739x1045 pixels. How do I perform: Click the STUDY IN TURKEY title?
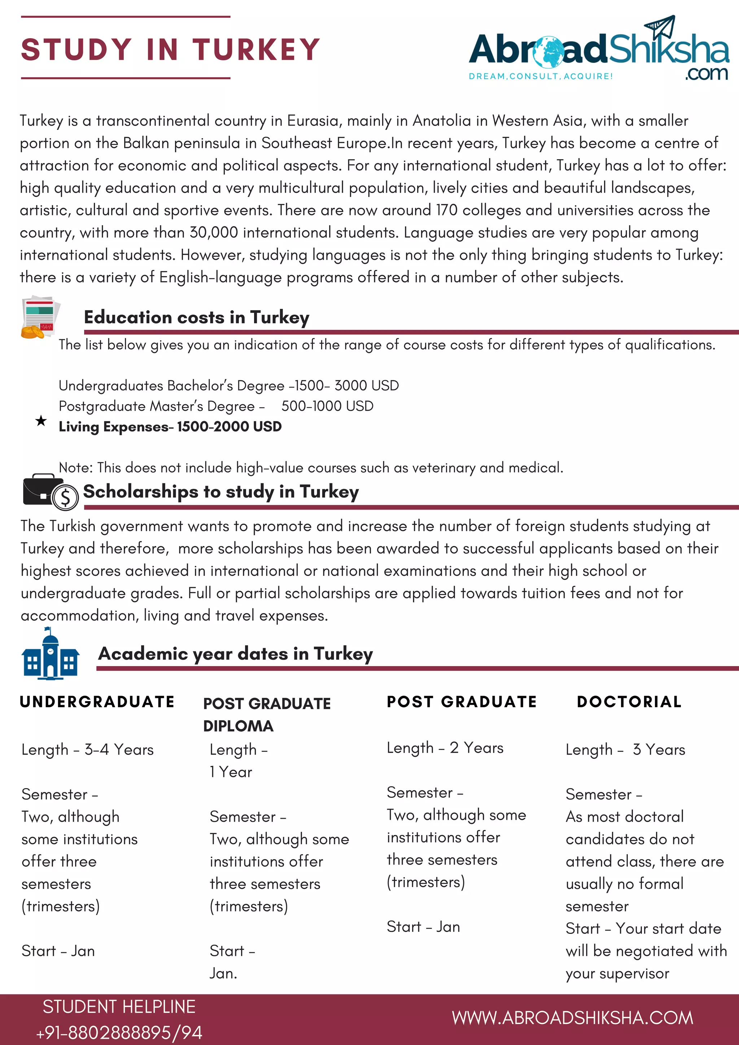171,49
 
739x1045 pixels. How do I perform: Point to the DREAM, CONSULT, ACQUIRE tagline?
541,76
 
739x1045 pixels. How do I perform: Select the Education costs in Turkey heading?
197,317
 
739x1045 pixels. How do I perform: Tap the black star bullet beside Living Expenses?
41,421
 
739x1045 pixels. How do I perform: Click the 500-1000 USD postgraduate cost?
327,406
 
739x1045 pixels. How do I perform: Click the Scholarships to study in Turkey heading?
221,492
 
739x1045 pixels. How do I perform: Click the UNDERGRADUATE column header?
97,702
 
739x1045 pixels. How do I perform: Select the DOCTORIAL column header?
629,702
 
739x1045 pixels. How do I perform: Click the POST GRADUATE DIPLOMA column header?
266,714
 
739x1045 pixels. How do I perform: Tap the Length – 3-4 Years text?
87,749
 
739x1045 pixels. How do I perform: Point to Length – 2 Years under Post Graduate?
445,748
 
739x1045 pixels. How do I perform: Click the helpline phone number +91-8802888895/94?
119,1033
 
